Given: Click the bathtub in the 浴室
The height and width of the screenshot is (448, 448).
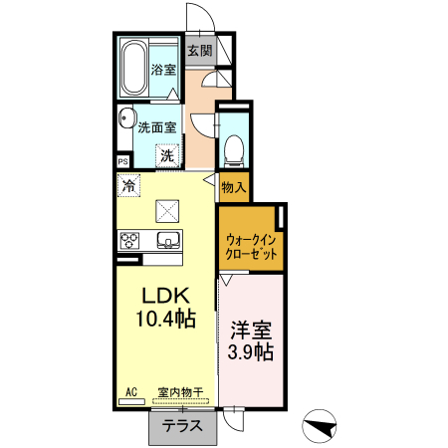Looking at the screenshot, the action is point(133,68).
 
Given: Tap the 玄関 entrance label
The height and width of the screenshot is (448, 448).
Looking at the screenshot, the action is point(200,51).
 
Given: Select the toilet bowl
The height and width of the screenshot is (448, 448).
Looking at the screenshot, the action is point(234,150).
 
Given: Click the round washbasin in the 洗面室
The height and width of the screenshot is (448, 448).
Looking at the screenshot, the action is point(127,117).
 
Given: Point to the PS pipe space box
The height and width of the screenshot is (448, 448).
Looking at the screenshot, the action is point(123,162).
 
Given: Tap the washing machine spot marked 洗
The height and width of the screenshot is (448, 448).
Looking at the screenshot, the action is point(167,155).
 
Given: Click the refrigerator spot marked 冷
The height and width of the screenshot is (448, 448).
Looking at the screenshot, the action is point(128,185).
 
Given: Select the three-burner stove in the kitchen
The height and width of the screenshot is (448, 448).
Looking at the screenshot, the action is point(129,241).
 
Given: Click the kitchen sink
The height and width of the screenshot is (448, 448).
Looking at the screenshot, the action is point(168,240).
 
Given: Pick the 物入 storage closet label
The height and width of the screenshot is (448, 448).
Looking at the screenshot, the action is point(234,187).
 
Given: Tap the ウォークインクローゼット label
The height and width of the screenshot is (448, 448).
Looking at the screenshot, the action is point(251,247).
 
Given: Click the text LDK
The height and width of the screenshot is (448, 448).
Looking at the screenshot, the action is point(165,296).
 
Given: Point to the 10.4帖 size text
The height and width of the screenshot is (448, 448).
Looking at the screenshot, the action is point(165,319).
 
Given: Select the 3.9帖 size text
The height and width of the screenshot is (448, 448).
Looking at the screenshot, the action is point(251,352).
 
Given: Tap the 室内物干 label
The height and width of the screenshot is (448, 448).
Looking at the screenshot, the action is point(180,392).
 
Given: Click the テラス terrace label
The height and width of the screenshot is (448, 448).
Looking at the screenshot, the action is point(182,426).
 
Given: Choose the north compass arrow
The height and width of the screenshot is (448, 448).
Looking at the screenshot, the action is point(320,427).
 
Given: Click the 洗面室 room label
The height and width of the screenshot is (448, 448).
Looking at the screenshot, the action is point(157,127).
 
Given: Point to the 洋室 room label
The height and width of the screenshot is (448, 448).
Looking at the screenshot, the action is point(251,330).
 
